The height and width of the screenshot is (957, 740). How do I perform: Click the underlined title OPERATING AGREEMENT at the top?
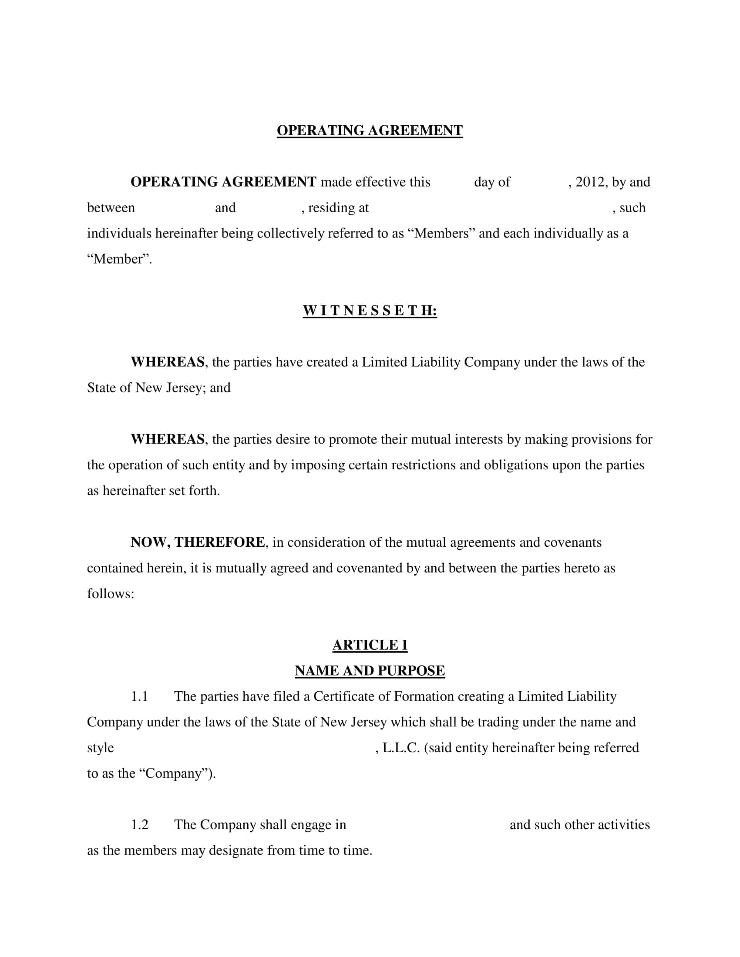pos(370,130)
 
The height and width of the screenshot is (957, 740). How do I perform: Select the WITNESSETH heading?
pos(370,311)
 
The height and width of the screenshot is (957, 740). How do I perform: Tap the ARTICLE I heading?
pos(370,645)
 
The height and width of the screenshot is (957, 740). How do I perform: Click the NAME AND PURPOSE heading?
pos(370,670)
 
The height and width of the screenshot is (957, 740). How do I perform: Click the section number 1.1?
pos(139,696)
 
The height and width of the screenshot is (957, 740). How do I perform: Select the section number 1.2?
pos(140,825)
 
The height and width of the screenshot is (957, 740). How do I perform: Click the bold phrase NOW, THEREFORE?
pos(198,542)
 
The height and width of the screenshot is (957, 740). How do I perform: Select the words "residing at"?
pos(338,207)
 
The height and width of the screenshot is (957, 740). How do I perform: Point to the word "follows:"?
pos(111,594)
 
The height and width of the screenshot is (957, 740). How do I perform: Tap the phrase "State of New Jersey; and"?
pos(159,388)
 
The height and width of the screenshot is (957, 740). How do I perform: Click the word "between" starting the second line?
pos(111,207)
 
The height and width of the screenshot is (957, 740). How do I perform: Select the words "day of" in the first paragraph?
pos(492,182)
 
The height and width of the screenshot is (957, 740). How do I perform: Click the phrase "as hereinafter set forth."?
pos(153,491)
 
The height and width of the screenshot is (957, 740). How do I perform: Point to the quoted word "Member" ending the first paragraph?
pos(118,259)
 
